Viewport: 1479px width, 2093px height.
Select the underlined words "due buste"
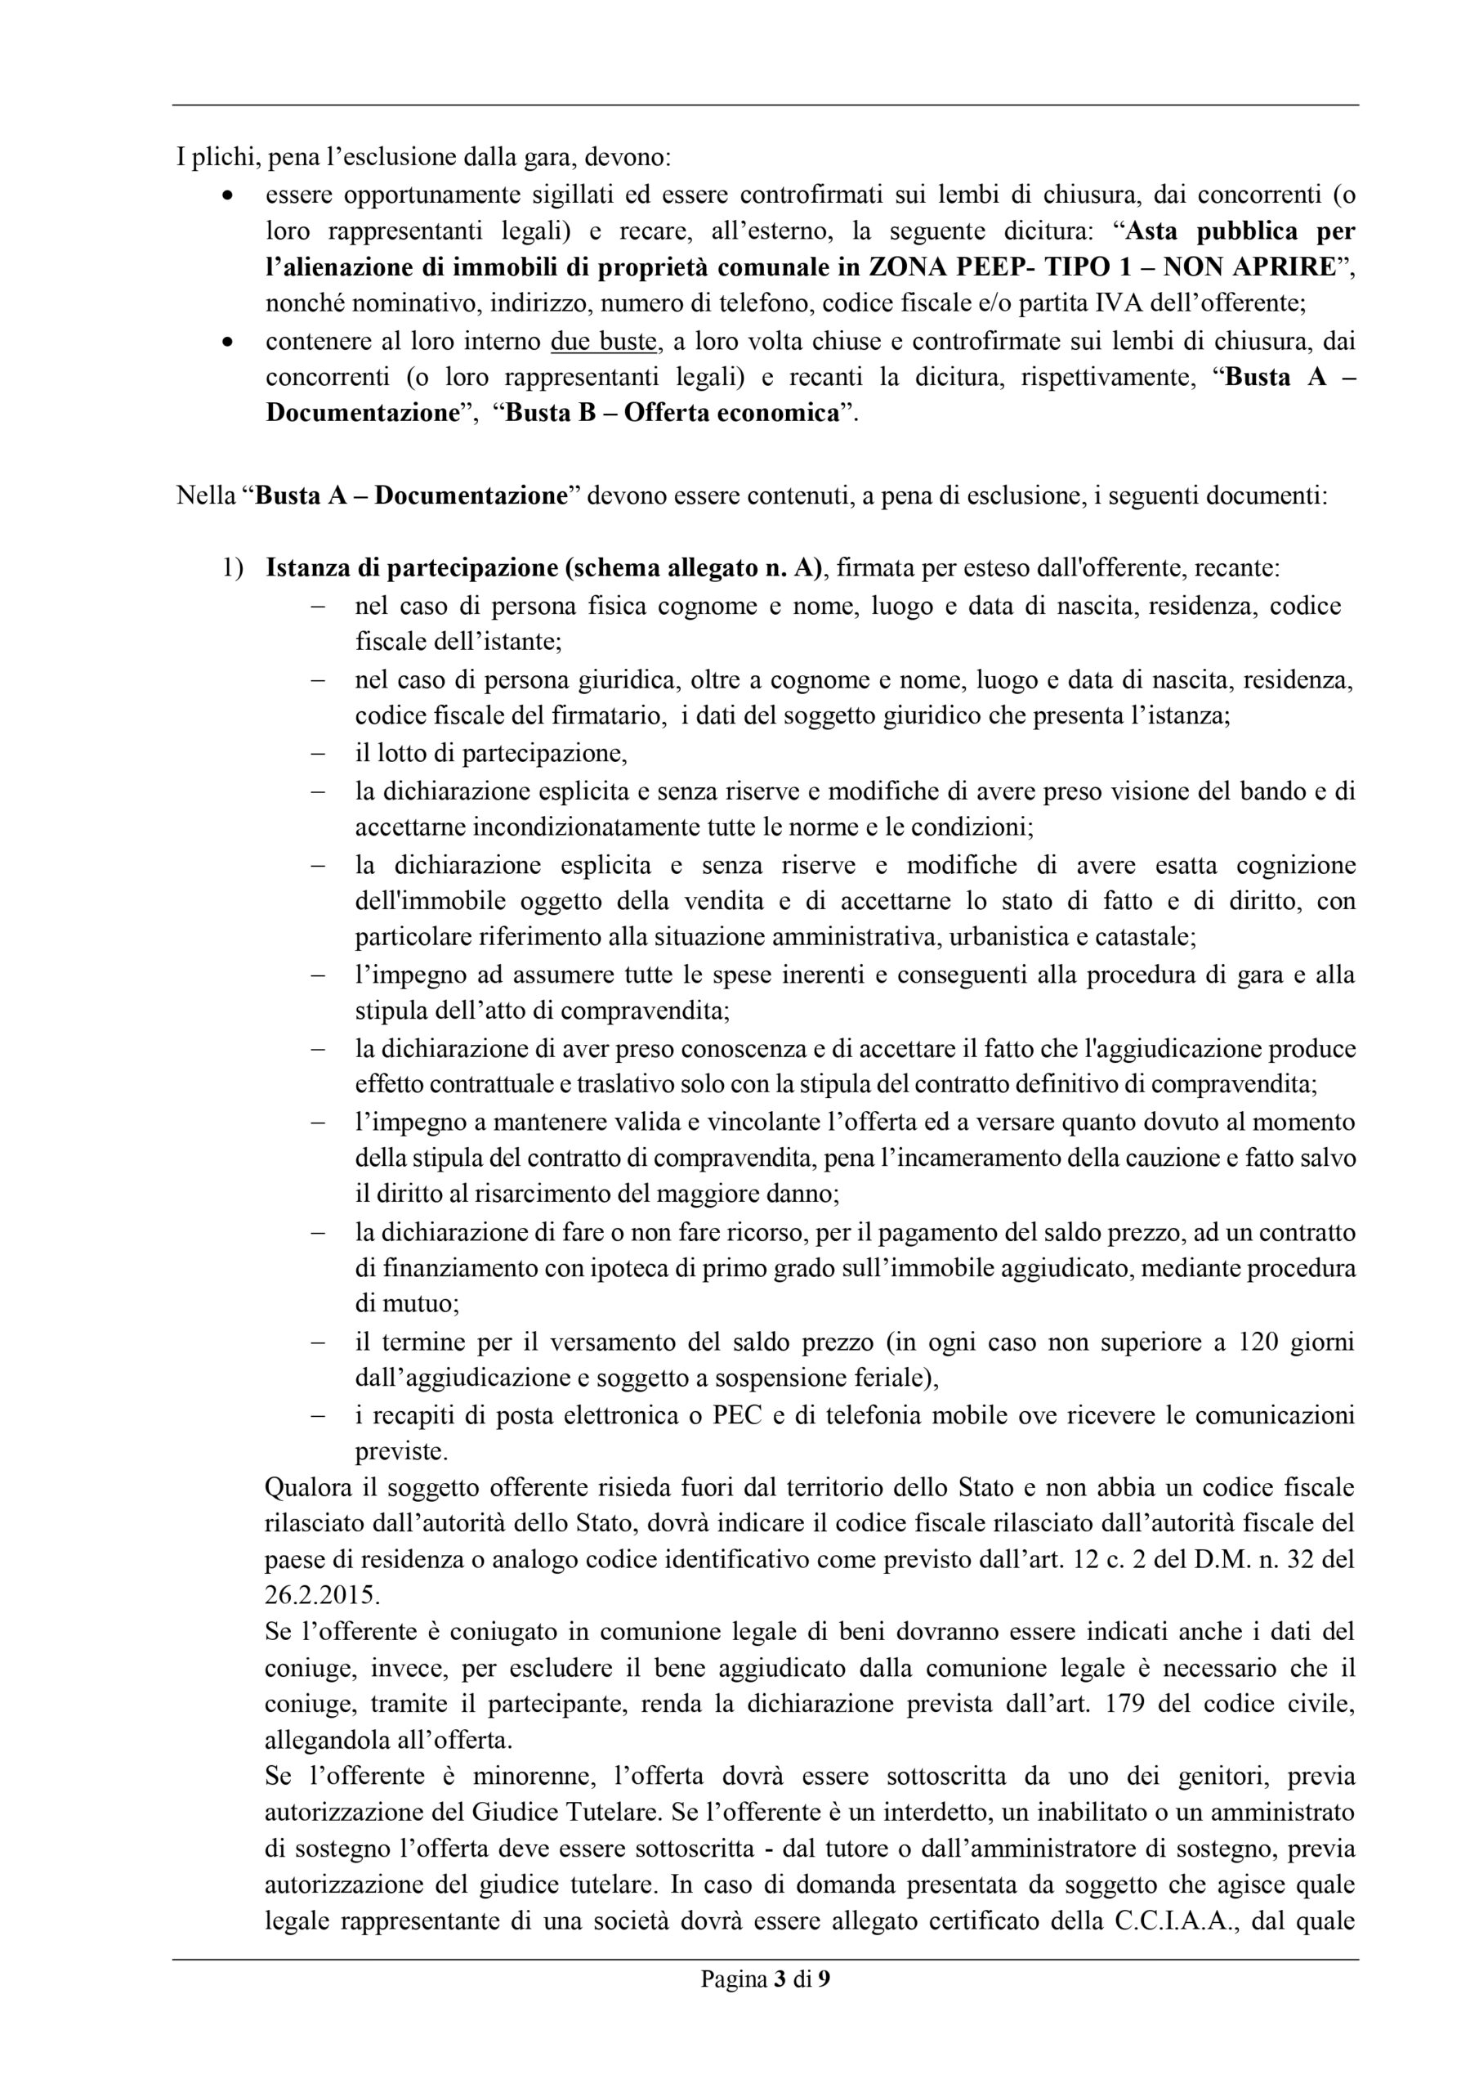pyautogui.click(x=604, y=342)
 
